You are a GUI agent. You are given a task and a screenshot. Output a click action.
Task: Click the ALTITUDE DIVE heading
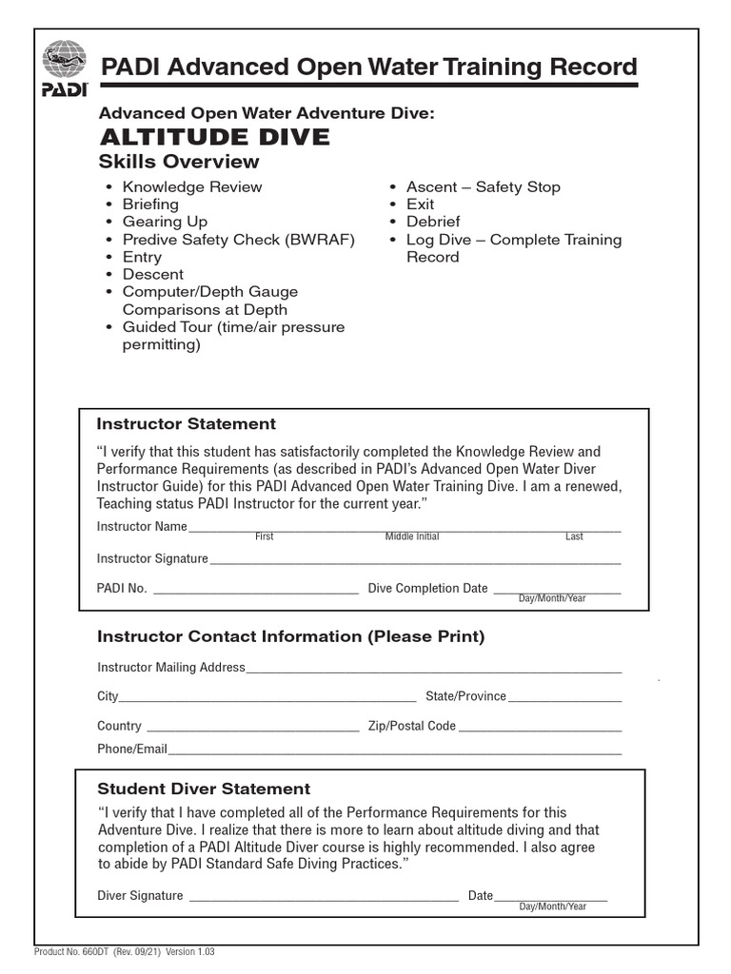pyautogui.click(x=214, y=137)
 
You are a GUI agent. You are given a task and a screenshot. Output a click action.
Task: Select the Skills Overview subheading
pyautogui.click(x=179, y=162)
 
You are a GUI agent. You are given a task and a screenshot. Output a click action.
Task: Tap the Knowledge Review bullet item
pyautogui.click(x=191, y=186)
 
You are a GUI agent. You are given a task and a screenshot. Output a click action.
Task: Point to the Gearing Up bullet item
pyautogui.click(x=165, y=222)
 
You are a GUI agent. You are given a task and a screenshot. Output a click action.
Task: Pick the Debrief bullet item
pyautogui.click(x=433, y=222)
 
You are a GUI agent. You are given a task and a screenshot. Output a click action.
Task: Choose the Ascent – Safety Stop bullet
pyautogui.click(x=483, y=186)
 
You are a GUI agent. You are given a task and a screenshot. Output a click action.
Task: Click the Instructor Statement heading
pyautogui.click(x=187, y=424)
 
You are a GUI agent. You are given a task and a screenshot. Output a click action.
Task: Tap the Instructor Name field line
pyautogui.click(x=405, y=529)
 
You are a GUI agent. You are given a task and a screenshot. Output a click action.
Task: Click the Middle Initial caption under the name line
pyautogui.click(x=412, y=537)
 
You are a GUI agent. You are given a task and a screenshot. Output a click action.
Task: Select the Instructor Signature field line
pyautogui.click(x=415, y=561)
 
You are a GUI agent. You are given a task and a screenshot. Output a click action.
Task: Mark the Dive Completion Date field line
pyautogui.click(x=556, y=592)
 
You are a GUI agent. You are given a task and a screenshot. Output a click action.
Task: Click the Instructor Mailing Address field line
pyautogui.click(x=433, y=671)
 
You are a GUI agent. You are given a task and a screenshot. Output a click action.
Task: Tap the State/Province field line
pyautogui.click(x=564, y=700)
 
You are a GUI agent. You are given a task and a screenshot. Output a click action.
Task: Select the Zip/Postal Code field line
pyautogui.click(x=540, y=730)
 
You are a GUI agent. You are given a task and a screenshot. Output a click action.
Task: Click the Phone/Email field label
pyautogui.click(x=131, y=750)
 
